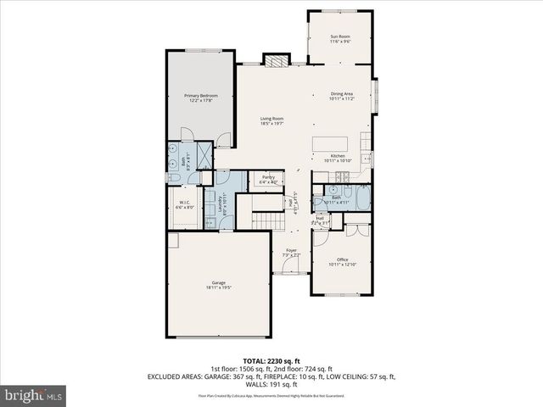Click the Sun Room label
point(339,36)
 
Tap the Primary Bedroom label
point(201,98)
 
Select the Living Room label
point(271,120)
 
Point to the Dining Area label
point(341,96)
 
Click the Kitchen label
point(337,158)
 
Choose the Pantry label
point(267,179)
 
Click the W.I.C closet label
point(184,204)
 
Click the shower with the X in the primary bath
point(204,154)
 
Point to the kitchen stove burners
point(343,176)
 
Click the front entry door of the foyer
point(291,273)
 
